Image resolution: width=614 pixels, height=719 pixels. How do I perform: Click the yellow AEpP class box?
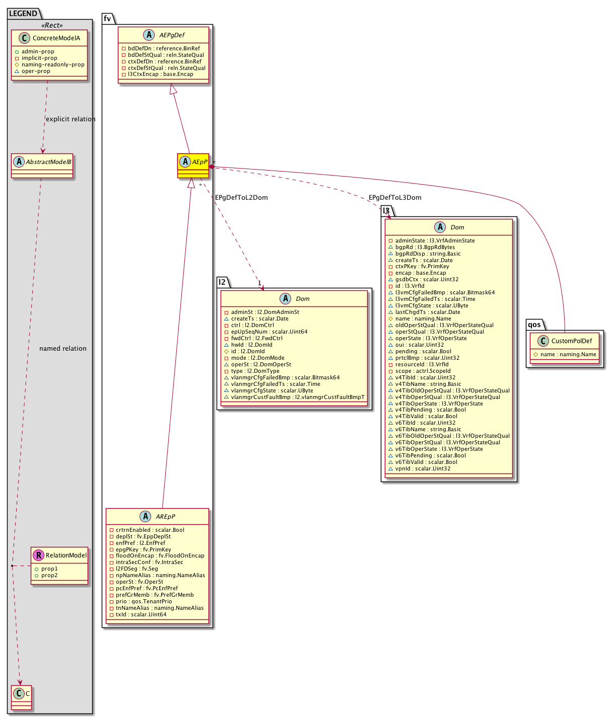coord(193,165)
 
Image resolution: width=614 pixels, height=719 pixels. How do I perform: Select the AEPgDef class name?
coord(172,35)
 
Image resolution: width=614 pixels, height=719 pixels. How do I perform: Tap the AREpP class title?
coord(165,517)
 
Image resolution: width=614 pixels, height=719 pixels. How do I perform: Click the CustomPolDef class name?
coord(571,341)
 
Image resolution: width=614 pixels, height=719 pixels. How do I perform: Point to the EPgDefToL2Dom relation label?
coord(241,198)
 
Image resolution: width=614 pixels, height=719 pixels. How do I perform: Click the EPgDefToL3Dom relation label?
coord(395,198)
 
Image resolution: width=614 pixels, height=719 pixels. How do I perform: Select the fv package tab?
coord(108,19)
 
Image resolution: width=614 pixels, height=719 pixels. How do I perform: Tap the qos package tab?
coord(534,325)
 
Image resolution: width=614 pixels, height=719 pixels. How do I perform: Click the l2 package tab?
coord(222,282)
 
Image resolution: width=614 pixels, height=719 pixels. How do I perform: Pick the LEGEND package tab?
coord(23,14)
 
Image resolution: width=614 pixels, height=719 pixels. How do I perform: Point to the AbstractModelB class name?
coord(49,162)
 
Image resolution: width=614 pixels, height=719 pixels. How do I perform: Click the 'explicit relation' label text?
coord(71,119)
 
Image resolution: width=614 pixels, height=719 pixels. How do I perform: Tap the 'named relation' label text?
coord(63,349)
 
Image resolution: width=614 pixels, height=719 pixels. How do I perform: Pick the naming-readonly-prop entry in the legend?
coord(53,64)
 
